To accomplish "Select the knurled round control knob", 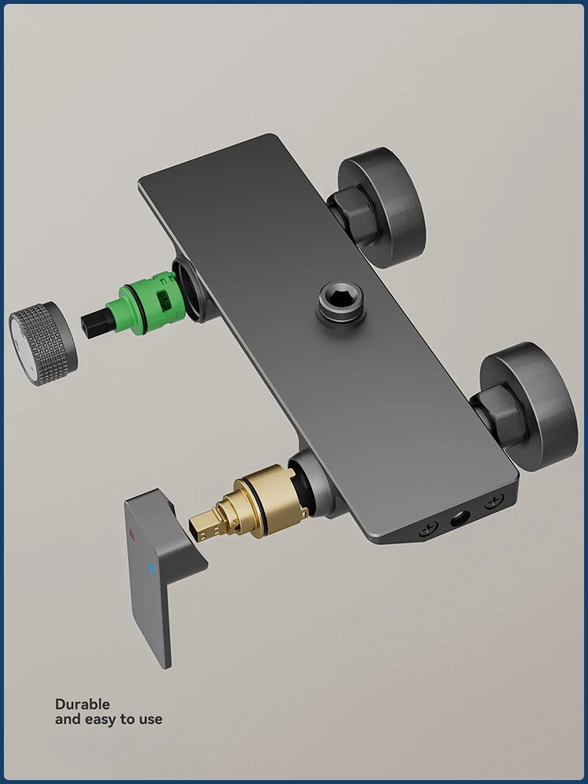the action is (x=43, y=343).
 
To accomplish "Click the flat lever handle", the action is (x=160, y=570).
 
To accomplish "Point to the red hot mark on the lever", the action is (x=132, y=535).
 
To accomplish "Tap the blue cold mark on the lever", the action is (x=151, y=567).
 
